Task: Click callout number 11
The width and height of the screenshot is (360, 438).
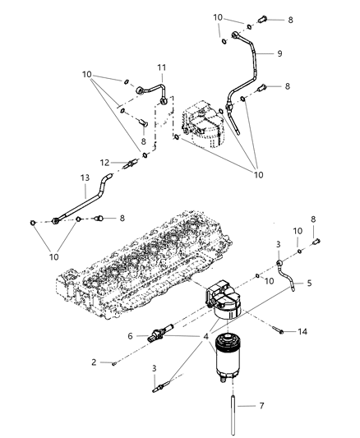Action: (162, 68)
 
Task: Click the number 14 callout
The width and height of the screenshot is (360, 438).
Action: (304, 332)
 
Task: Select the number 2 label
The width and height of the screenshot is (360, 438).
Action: (95, 362)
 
